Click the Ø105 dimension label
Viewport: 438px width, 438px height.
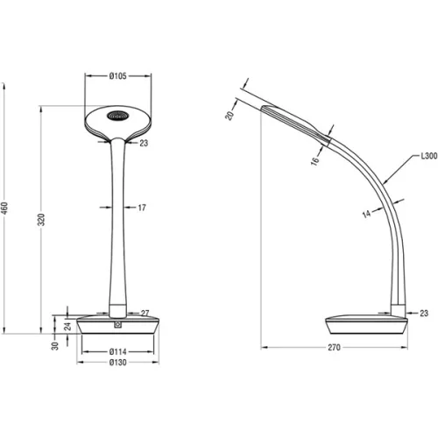117,76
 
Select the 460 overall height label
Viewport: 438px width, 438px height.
4,208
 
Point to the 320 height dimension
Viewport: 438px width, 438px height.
41,219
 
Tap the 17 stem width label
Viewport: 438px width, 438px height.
142,208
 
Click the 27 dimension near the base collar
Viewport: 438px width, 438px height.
145,314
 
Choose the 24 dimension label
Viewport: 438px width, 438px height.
67,326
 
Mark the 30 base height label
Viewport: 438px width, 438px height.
55,346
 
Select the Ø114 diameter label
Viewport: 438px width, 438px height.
117,352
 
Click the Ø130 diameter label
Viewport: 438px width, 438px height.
117,363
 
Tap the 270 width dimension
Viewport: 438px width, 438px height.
334,347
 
